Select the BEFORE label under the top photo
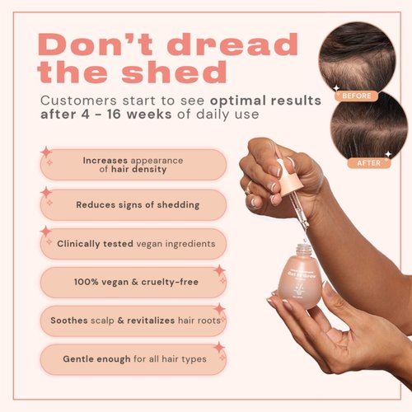[x=355, y=96]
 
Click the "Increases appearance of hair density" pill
[x=133, y=165]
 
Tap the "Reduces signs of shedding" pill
[x=133, y=204]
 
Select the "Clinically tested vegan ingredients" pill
[x=133, y=244]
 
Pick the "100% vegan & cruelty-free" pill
[x=133, y=283]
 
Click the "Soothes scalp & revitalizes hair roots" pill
[x=133, y=321]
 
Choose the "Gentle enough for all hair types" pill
[x=133, y=359]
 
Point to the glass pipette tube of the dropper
[x=302, y=216]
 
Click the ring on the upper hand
[x=248, y=190]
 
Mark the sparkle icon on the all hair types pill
[x=219, y=349]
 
